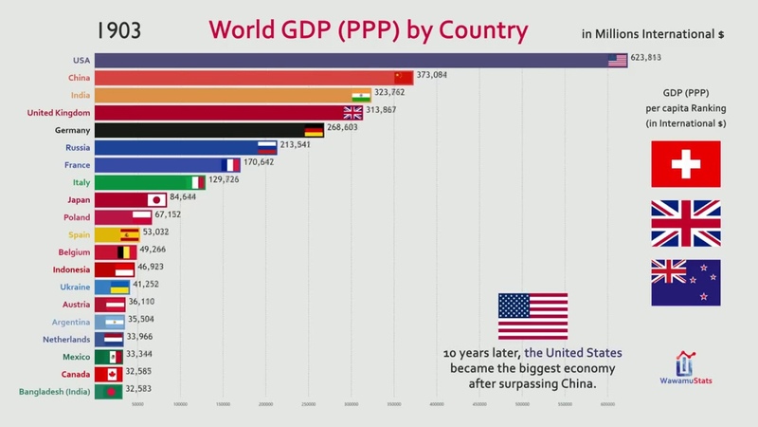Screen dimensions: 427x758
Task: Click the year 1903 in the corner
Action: point(112,30)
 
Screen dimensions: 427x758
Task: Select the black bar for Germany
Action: point(199,130)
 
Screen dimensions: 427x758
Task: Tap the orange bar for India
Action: point(223,95)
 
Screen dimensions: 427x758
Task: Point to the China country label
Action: point(80,77)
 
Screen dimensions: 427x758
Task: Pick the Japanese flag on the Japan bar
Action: point(156,199)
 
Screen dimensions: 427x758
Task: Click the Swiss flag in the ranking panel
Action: point(685,163)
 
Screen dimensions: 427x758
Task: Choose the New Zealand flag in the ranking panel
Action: point(685,283)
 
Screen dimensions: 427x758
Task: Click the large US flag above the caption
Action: point(532,316)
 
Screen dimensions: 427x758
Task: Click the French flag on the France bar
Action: point(231,164)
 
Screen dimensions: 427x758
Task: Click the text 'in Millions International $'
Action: point(653,34)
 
